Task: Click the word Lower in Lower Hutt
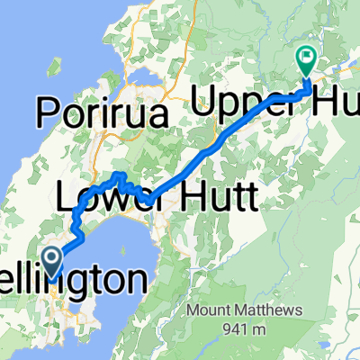point(101,193)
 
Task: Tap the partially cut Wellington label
point(90,280)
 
